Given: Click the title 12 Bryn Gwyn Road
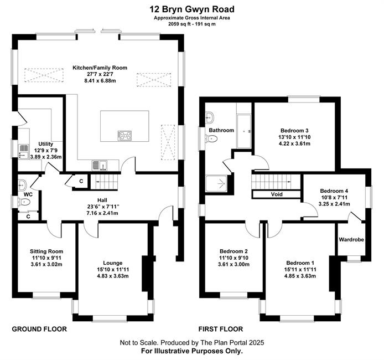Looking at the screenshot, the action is tap(192, 9).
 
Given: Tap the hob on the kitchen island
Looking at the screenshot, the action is tap(124, 136).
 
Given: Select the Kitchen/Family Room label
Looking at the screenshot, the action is tap(100, 68).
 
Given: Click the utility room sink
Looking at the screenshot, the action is tap(24, 152).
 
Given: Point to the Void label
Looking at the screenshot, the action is tap(277, 194).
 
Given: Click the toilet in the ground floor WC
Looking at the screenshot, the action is tap(24, 202).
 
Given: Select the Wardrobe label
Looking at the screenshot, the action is tap(351, 239).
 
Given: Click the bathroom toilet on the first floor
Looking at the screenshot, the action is tap(211, 139).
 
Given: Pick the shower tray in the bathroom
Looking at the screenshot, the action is tap(217, 183).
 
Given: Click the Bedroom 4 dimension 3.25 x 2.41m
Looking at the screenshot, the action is tap(334, 204).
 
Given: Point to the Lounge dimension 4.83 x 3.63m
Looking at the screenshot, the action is tap(113, 276).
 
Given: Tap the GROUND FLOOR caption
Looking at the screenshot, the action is tap(39, 329).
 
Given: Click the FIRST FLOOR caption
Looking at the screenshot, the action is tap(221, 329).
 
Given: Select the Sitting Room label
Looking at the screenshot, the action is tap(46, 251).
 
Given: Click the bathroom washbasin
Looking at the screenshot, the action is tap(210, 117).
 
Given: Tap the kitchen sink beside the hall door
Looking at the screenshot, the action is tap(100, 165).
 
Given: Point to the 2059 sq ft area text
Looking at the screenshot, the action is tap(177, 24).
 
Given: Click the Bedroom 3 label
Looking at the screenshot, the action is tap(294, 130).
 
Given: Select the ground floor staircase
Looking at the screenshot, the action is tap(105, 182).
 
